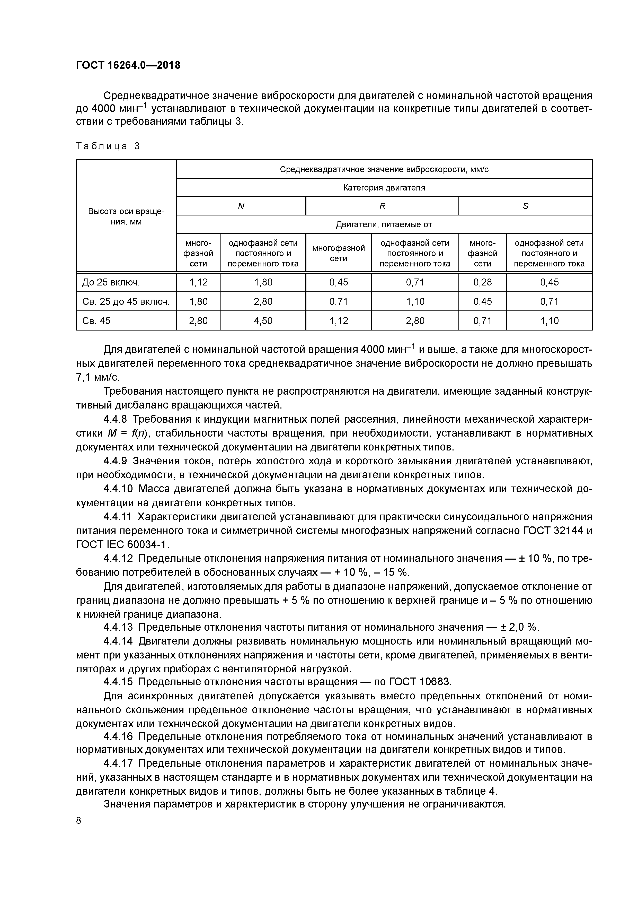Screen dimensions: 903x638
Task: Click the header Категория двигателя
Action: point(384,188)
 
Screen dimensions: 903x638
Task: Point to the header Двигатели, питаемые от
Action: point(384,224)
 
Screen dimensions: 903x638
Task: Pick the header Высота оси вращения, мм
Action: point(126,216)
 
